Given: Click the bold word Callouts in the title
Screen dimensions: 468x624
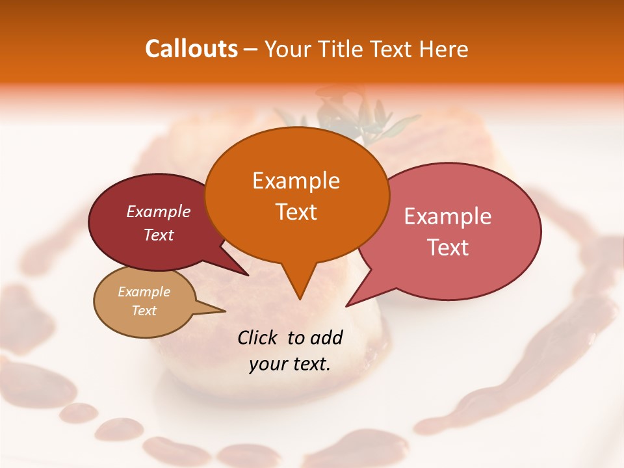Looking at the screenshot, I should [191, 49].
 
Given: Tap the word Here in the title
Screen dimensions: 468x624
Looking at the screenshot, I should [444, 49].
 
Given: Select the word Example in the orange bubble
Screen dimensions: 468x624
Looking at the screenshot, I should [296, 181].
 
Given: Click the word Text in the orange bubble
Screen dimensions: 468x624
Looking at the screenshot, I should [296, 212].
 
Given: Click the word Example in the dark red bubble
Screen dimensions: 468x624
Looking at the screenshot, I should [159, 211].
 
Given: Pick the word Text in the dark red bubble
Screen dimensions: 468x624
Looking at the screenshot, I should [159, 235].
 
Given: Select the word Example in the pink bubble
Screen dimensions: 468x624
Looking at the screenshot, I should [448, 216].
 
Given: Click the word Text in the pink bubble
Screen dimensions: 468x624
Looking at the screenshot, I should [448, 248].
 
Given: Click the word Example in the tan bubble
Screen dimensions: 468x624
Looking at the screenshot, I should [144, 292].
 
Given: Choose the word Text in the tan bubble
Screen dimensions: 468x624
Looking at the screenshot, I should [144, 311].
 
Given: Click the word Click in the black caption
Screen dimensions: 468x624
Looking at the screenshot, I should [257, 337].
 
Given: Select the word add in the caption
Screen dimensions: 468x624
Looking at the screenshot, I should [326, 337].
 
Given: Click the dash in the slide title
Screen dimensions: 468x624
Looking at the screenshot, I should [251, 49].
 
